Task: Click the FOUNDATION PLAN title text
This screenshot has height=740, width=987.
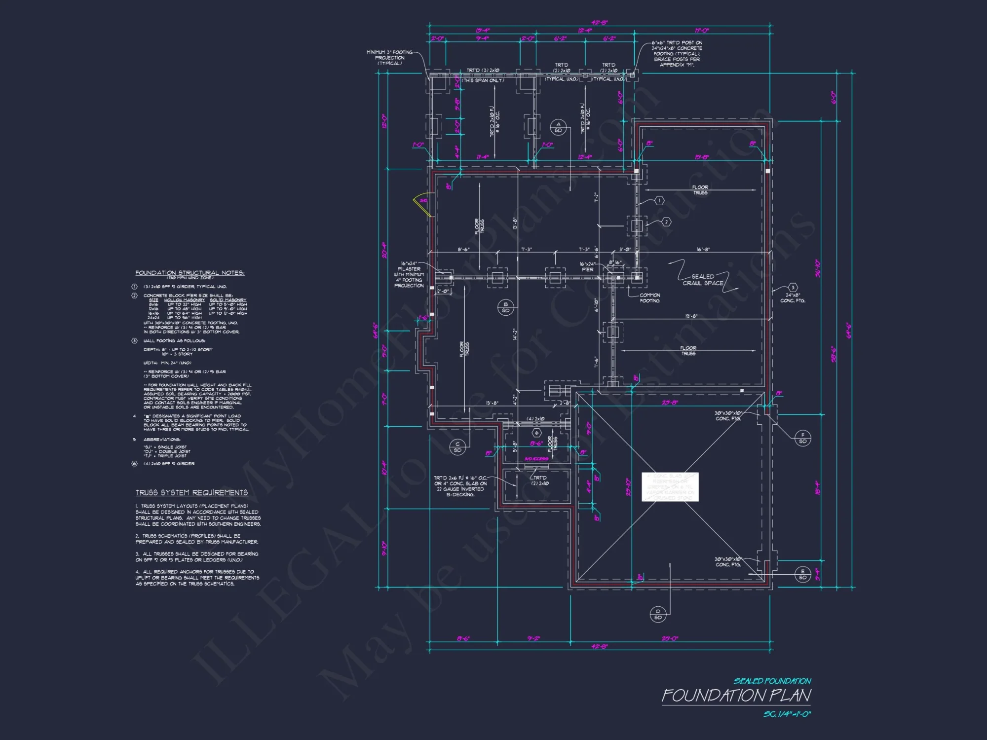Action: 736,696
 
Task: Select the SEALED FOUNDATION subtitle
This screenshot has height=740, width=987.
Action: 772,681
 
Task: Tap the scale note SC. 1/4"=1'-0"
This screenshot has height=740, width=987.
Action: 787,714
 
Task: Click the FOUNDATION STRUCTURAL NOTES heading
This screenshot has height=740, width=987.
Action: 190,273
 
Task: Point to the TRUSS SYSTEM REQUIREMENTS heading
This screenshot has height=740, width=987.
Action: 191,492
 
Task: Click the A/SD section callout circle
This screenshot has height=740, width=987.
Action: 558,127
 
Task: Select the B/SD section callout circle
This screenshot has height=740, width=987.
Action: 505,307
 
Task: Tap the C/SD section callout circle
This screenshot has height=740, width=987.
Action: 457,447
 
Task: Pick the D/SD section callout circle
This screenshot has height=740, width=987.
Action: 658,614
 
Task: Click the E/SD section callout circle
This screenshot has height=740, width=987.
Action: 803,574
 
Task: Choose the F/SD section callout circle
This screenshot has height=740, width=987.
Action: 803,438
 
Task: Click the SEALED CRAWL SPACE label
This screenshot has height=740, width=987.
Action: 703,280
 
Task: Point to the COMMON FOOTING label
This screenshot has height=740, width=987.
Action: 649,298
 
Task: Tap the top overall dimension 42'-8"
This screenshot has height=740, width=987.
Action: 599,23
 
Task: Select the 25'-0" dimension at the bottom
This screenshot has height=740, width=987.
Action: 670,638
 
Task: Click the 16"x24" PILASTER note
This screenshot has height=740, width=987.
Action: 409,274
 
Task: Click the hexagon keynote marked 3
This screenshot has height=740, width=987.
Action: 793,288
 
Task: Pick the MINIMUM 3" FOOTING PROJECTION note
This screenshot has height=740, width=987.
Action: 389,58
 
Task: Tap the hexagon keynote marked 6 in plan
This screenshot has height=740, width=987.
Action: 537,433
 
